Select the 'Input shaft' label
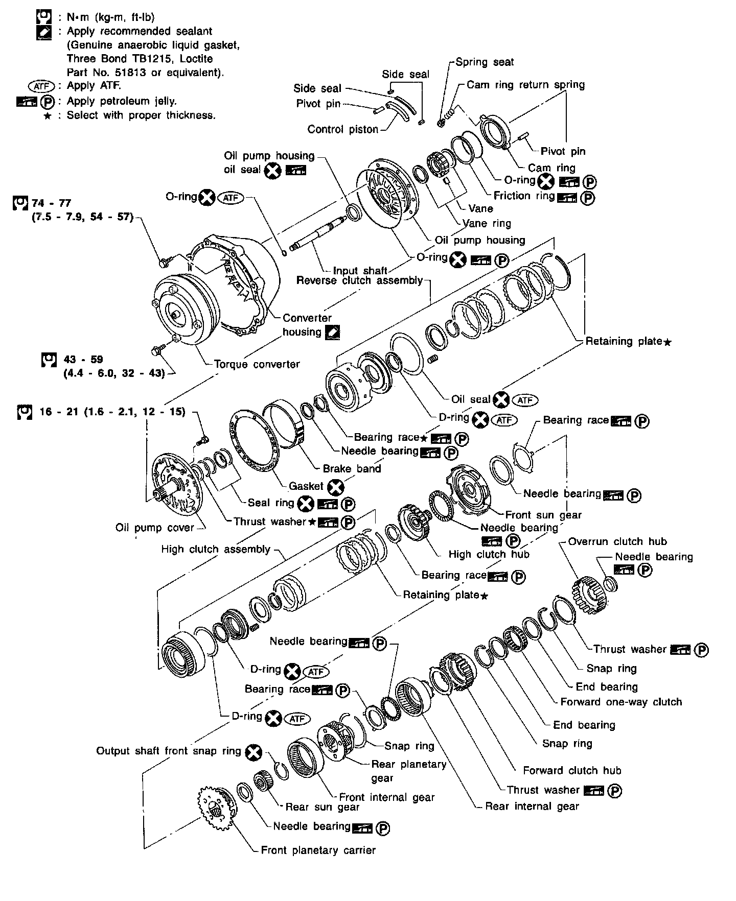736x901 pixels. (x=360, y=271)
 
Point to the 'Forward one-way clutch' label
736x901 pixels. (x=621, y=702)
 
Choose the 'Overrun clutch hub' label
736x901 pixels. (x=617, y=541)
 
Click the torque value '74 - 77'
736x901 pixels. (x=52, y=203)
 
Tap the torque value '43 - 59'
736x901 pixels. (x=83, y=360)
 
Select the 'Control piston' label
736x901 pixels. (x=342, y=129)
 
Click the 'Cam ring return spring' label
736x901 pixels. (x=525, y=85)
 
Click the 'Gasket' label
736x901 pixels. (x=306, y=486)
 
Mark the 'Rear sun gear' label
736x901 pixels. (x=322, y=807)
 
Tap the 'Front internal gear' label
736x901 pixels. (x=386, y=797)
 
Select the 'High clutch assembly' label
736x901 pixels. (x=216, y=549)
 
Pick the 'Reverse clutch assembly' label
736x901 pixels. (x=359, y=280)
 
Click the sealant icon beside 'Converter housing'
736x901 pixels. (x=332, y=332)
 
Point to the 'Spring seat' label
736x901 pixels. (x=485, y=62)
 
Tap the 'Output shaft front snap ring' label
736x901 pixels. (x=169, y=751)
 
